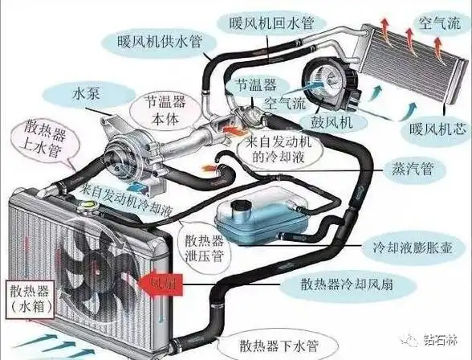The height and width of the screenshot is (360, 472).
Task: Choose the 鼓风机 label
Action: pyautogui.click(x=326, y=121)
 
